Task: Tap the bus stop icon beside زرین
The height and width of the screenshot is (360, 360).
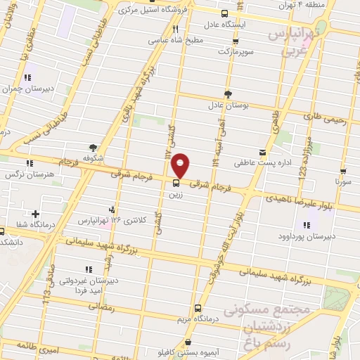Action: pyautogui.click(x=175, y=184)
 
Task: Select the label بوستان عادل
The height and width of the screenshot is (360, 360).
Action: pyautogui.click(x=224, y=106)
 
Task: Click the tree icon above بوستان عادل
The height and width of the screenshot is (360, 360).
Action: pyautogui.click(x=226, y=94)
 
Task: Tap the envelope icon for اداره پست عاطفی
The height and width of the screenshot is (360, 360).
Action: pyautogui.click(x=262, y=152)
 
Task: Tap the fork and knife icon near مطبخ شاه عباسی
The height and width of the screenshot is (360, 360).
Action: pyautogui.click(x=175, y=30)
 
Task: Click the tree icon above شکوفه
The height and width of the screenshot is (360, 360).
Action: pyautogui.click(x=93, y=146)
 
